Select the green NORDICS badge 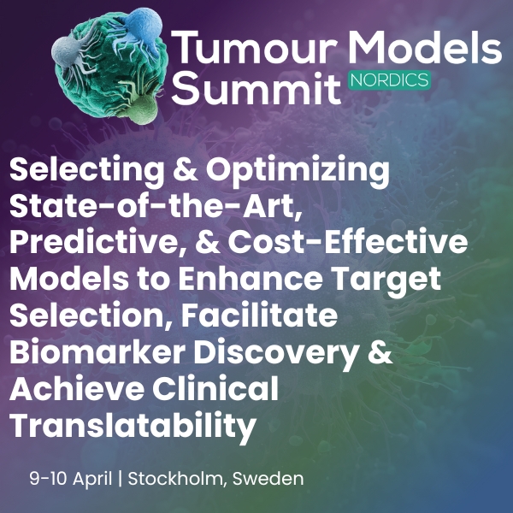click(x=389, y=80)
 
